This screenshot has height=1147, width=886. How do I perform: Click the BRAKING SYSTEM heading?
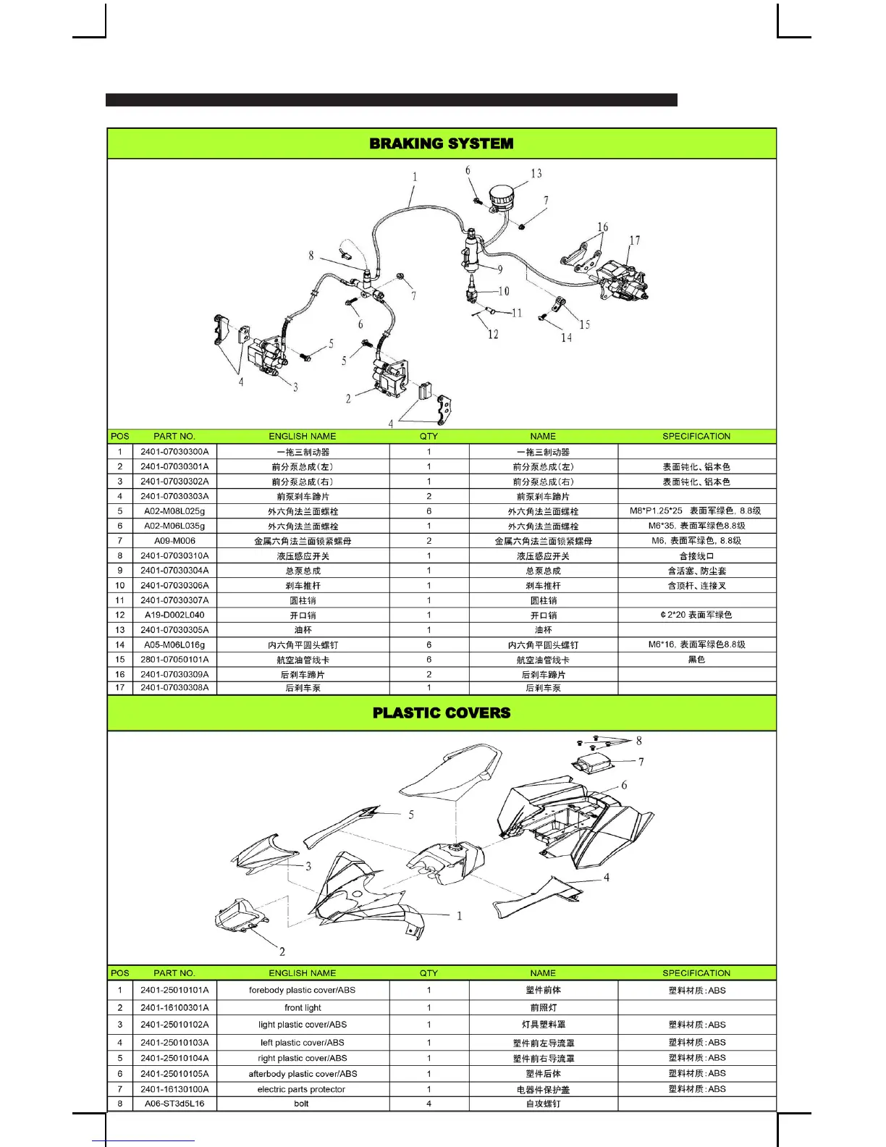(x=442, y=143)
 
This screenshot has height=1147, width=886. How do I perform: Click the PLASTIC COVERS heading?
(x=442, y=713)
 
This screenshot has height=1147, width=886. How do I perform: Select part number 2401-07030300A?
(x=174, y=452)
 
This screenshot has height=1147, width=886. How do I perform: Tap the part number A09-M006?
(x=174, y=541)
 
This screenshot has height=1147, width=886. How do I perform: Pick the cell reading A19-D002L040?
(x=174, y=615)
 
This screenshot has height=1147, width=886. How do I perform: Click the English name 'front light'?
(x=303, y=1007)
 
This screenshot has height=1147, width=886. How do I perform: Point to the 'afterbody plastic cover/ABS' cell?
(x=303, y=1074)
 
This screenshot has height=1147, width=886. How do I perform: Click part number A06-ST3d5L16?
(x=174, y=1104)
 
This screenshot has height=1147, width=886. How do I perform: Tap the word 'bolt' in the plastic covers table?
(x=301, y=1104)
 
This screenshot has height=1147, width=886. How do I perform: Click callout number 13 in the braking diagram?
(x=536, y=174)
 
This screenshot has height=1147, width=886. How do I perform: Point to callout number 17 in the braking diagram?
(x=635, y=240)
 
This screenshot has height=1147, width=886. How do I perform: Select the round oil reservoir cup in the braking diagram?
(x=502, y=196)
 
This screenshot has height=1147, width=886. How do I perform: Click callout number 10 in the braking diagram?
(x=504, y=291)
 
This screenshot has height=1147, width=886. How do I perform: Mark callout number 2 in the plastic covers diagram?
(x=282, y=951)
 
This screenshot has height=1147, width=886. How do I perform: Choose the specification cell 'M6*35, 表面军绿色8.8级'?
(x=696, y=526)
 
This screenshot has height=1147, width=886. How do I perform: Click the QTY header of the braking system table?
(x=429, y=436)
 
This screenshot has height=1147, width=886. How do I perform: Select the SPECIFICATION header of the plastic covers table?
(x=696, y=972)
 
